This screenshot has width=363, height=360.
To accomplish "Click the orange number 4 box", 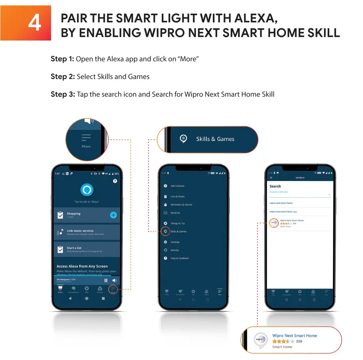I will click(x=26, y=23).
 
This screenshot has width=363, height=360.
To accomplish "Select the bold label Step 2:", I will click(x=63, y=77).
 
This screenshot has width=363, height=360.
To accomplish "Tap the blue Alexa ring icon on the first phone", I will click(x=86, y=190).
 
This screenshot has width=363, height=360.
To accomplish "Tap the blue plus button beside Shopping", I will click(x=113, y=215).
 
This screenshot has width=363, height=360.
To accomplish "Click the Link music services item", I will click(x=80, y=231).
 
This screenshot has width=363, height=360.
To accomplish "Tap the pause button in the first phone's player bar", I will click(x=106, y=280).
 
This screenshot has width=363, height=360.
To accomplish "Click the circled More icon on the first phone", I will click(x=113, y=289).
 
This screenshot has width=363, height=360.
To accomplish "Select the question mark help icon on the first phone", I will click(x=115, y=181).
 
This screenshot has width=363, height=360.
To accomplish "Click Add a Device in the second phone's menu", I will click(x=177, y=186).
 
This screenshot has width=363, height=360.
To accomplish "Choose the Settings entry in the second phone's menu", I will click(x=175, y=242).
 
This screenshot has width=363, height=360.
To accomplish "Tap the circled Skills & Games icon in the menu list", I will click(x=165, y=231).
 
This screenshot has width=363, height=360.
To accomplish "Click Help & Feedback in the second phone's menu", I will click(x=179, y=258).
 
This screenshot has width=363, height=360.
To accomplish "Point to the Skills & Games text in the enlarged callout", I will click(x=215, y=139).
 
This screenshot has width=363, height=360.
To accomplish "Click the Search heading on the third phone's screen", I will click(x=275, y=186).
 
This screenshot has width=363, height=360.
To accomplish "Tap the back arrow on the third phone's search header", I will click(x=271, y=178).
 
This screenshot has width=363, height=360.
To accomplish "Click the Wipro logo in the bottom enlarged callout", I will click(x=259, y=340).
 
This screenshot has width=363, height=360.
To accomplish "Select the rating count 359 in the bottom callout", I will click(x=299, y=341).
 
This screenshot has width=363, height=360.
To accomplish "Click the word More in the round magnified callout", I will click(x=86, y=146).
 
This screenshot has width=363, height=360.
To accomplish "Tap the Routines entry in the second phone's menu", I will click(x=175, y=213).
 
